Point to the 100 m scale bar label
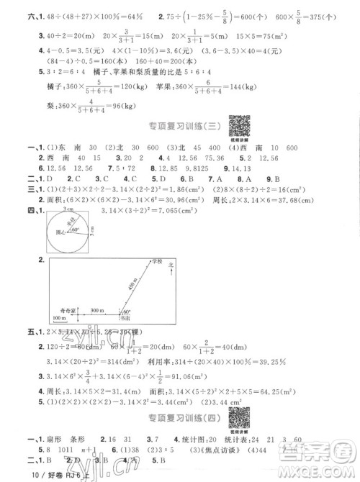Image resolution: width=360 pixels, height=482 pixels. click(61, 317)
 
